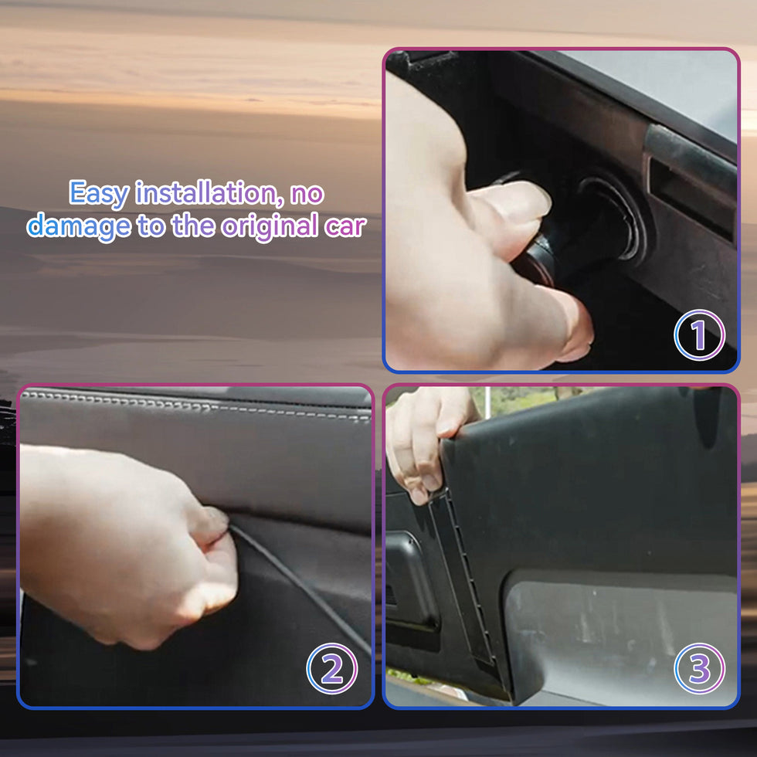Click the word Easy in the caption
coord(99,194)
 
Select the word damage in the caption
coord(79,226)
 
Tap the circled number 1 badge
coord(699,335)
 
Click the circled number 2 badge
coord(331,669)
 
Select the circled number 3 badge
coord(699,669)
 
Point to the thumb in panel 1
coord(555,314)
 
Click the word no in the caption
coord(307,194)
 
